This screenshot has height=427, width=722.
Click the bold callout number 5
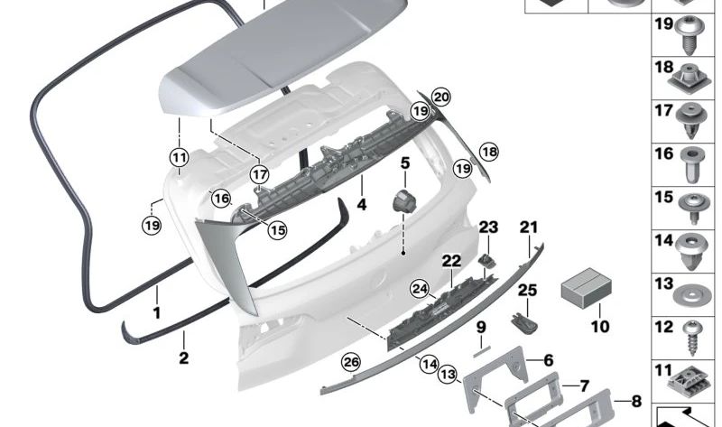pyautogui.click(x=404, y=163)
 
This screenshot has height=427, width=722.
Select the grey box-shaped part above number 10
pyautogui.click(x=586, y=287)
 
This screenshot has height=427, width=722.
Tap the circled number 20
pyautogui.click(x=440, y=97)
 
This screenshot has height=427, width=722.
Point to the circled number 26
pyautogui.click(x=351, y=363)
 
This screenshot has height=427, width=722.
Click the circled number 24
pyautogui.click(x=420, y=289)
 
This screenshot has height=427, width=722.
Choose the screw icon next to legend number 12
pyautogui.click(x=691, y=338)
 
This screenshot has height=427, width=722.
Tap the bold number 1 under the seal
pyautogui.click(x=156, y=312)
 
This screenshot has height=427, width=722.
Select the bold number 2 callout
pyautogui.click(x=184, y=357)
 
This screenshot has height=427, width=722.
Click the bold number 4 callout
pyautogui.click(x=362, y=205)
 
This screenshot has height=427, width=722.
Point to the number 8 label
pyautogui.click(x=636, y=401)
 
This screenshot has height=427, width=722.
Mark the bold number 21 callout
pyautogui.click(x=529, y=227)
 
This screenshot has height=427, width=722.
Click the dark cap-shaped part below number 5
pyautogui.click(x=403, y=201)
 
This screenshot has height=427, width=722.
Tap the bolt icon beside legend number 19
pyautogui.click(x=690, y=33)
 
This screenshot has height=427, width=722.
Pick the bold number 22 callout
pyautogui.click(x=451, y=261)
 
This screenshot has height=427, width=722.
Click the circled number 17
pyautogui.click(x=260, y=174)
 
